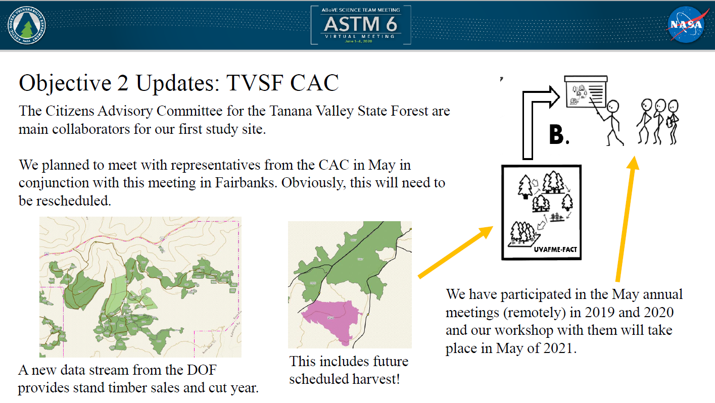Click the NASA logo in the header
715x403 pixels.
(686, 25)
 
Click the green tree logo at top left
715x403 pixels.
(26, 25)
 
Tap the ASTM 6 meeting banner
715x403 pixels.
(360, 25)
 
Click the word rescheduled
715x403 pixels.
(73, 200)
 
